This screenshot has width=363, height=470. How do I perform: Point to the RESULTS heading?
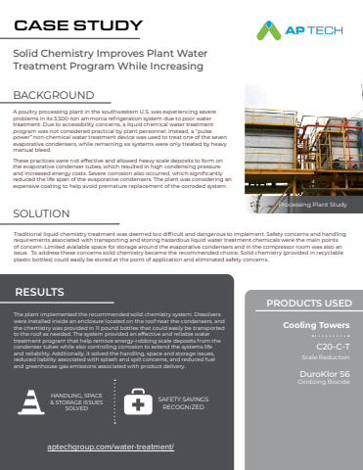pyautogui.click(x=40, y=264)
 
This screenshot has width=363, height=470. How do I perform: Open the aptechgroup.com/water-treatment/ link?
pyautogui.click(x=111, y=446)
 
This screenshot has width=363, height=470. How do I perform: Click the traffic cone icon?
pyautogui.click(x=37, y=402)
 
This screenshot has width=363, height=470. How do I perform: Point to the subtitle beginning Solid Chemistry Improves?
pyautogui.click(x=116, y=62)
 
